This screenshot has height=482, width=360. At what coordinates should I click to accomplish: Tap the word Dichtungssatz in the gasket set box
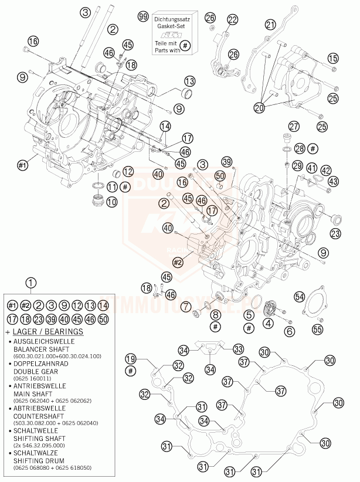(x=173, y=20)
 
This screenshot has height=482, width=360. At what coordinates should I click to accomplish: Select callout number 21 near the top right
(x=270, y=25)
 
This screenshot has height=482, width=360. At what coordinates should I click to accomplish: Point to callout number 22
(x=233, y=20)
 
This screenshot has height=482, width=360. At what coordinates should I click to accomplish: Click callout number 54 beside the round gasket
(x=300, y=297)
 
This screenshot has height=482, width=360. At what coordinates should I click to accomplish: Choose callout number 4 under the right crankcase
(x=268, y=323)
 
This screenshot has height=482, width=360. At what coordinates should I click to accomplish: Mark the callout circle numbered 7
(x=185, y=307)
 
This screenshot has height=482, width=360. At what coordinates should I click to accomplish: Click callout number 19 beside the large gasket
(x=130, y=358)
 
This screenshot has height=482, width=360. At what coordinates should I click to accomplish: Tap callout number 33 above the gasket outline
(x=237, y=348)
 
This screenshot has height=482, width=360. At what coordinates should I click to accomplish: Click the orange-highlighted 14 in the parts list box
(x=103, y=304)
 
